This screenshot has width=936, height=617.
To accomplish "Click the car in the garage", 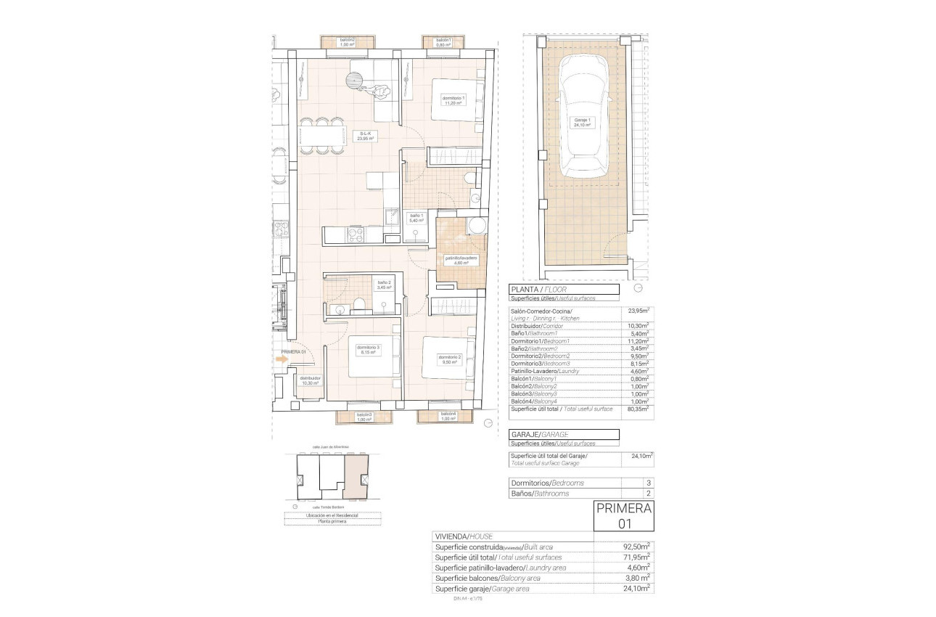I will pyautogui.click(x=583, y=116).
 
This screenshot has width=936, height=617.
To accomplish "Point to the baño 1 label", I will pyautogui.click(x=416, y=218).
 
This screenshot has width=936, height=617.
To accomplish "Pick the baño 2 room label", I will pyautogui.click(x=384, y=285).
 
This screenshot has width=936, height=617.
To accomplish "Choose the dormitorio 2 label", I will pyautogui.click(x=450, y=359).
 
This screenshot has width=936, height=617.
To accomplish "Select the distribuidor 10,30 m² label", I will pyautogui.click(x=311, y=380).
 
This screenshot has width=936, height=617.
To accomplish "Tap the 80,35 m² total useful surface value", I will pyautogui.click(x=639, y=409).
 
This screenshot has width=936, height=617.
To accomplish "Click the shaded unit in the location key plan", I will pyautogui.click(x=356, y=476).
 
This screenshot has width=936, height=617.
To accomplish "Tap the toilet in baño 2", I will pyautogui.click(x=358, y=305).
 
